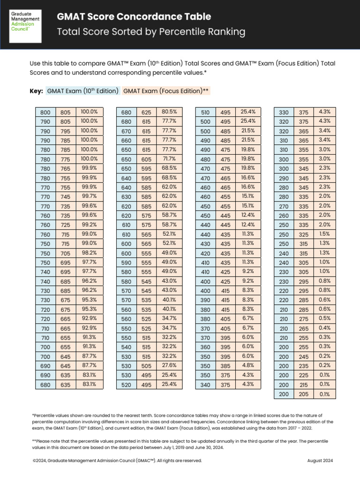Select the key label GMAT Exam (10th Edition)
tap(82, 91)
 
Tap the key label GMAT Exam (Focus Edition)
tap(166, 91)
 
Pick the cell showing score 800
tap(45, 112)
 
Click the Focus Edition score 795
tap(65, 131)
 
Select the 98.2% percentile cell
tap(89, 253)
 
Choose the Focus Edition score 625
tap(146, 112)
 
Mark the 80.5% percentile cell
tap(169, 112)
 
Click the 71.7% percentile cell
tap(169, 159)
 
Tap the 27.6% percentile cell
tap(169, 365)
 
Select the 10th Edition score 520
tap(126, 384)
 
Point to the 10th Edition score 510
tap(205, 112)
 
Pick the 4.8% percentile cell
tap(248, 365)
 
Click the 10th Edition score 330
tap(284, 112)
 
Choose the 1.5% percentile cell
tap(324, 234)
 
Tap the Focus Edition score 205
tap(304, 394)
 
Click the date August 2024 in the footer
tap(320, 460)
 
